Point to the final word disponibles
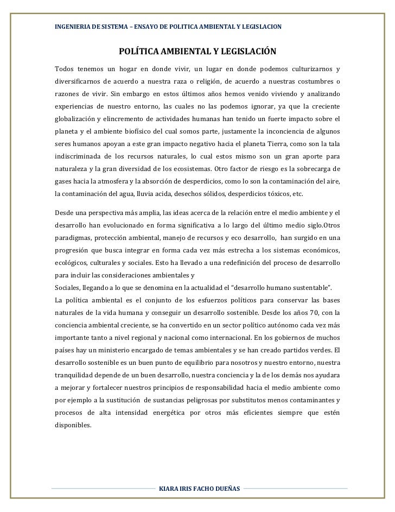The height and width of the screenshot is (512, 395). [74, 426]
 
